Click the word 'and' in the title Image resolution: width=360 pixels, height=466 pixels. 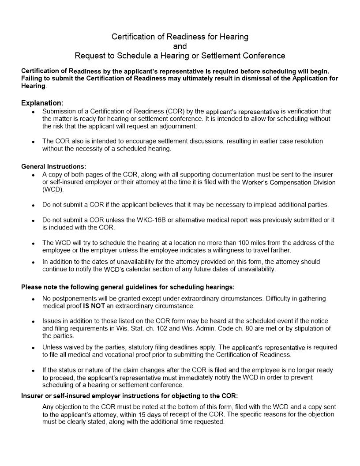pyautogui.click(x=180, y=46)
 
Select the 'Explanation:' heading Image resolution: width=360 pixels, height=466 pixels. pyautogui.click(x=42, y=103)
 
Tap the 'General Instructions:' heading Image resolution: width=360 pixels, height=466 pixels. pyautogui.click(x=53, y=167)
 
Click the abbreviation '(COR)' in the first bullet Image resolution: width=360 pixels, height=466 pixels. pyautogui.click(x=178, y=112)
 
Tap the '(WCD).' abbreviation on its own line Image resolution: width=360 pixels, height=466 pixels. pyautogui.click(x=53, y=190)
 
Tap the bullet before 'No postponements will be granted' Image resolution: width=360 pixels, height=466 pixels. pyautogui.click(x=34, y=299)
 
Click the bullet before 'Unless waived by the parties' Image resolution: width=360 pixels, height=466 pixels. pyautogui.click(x=34, y=348)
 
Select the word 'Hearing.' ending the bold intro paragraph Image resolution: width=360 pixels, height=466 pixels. pyautogui.click(x=34, y=86)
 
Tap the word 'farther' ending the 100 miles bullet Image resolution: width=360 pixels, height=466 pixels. pyautogui.click(x=279, y=250)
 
